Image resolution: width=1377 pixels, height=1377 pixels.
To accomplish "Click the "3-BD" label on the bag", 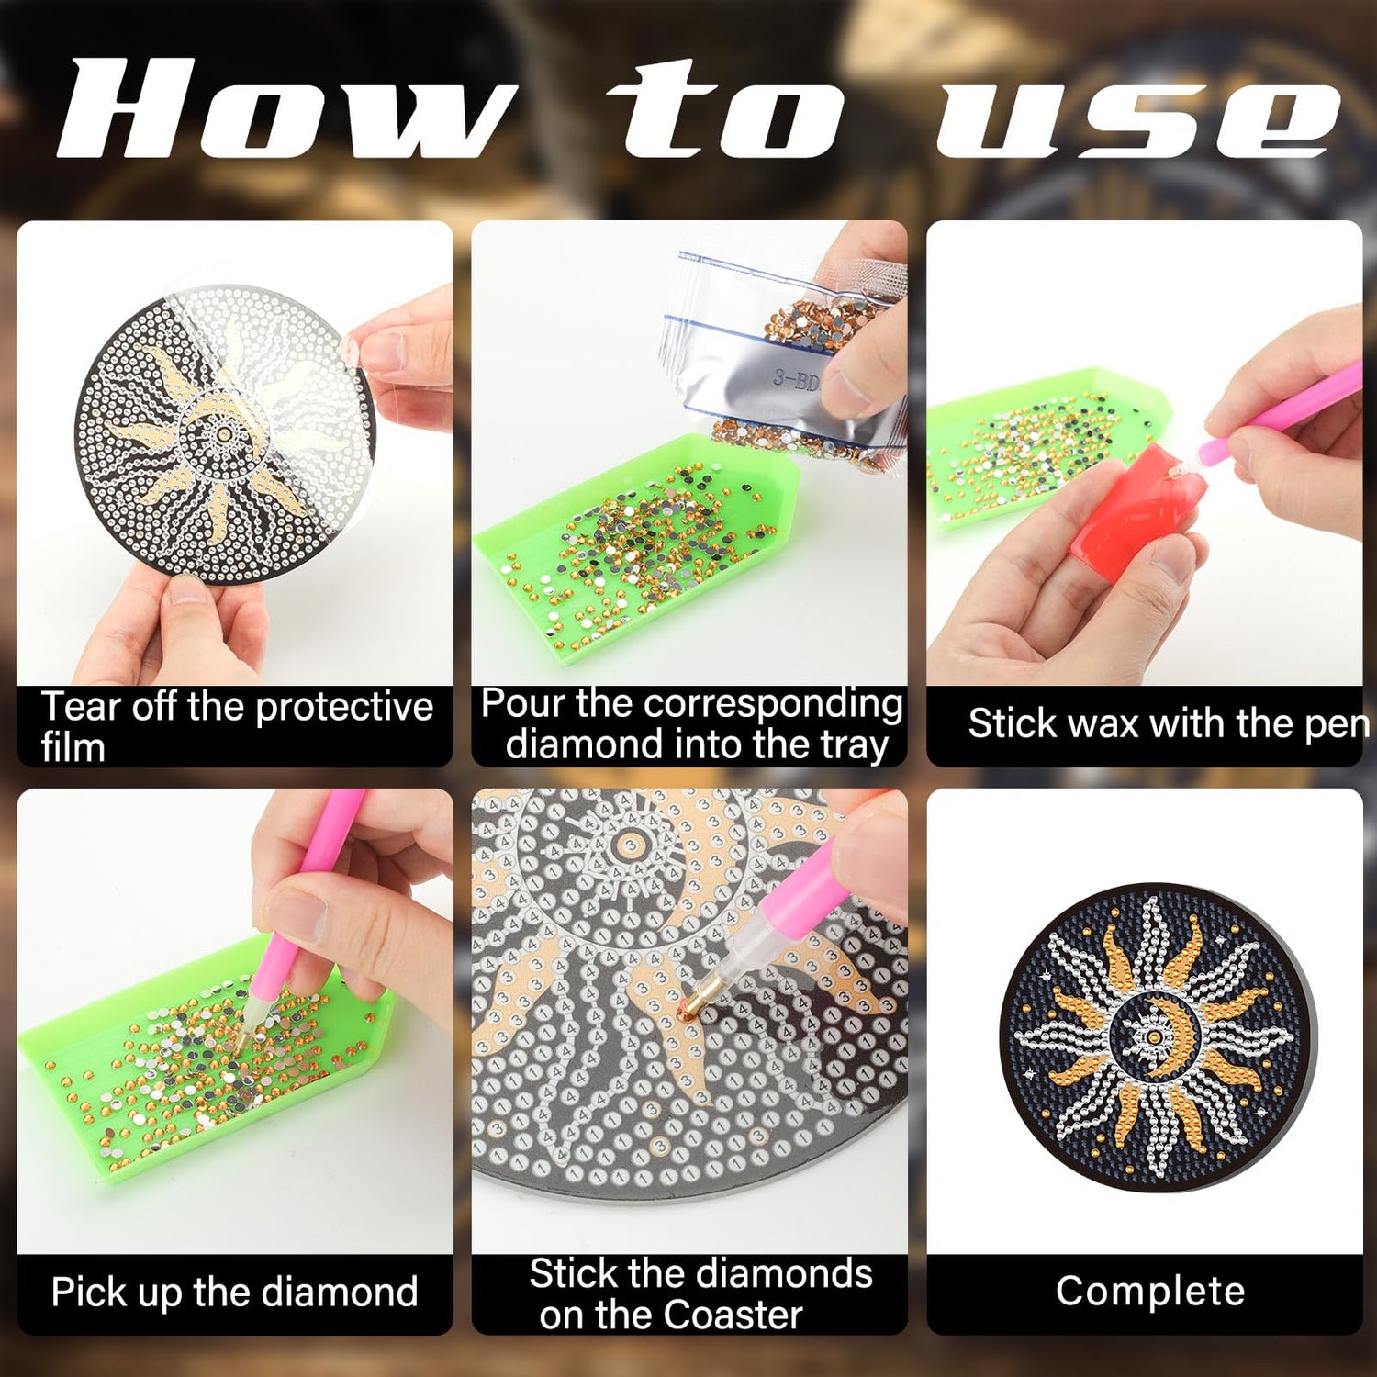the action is point(795,377).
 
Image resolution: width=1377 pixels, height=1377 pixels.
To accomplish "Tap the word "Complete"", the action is point(1150,1291).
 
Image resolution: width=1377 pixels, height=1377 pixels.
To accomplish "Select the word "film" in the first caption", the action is point(73,747).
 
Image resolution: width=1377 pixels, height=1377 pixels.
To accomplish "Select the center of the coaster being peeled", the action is point(223,431).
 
